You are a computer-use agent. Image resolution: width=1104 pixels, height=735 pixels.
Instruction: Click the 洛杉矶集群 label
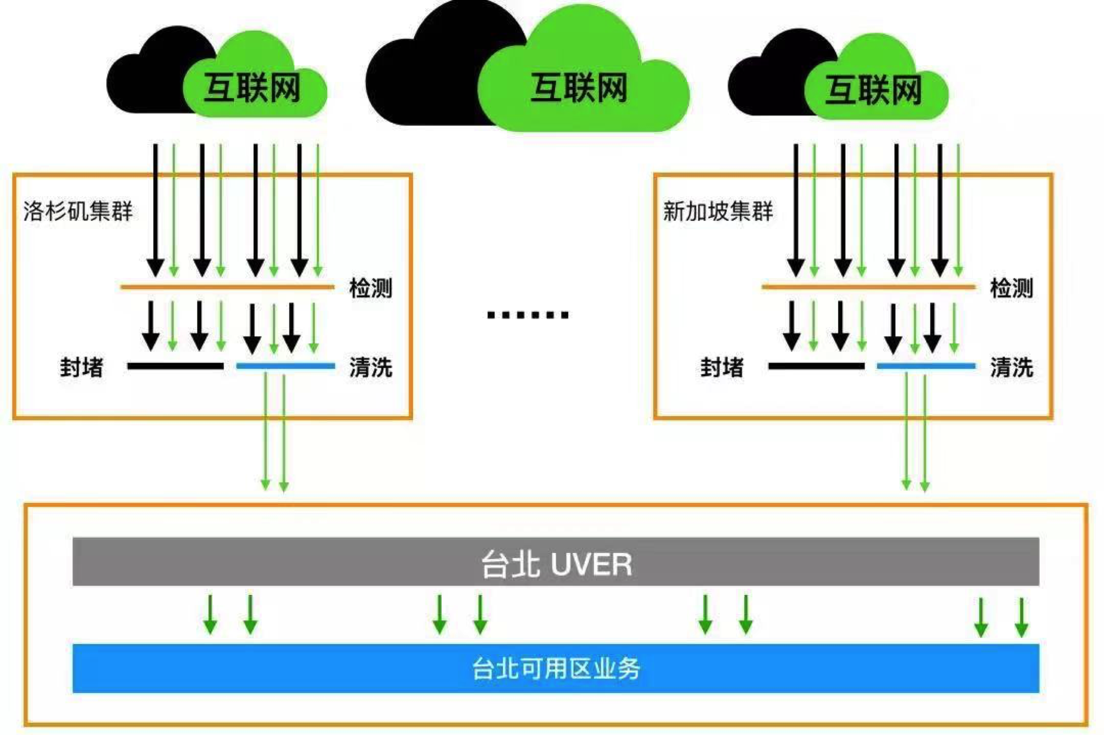point(78,211)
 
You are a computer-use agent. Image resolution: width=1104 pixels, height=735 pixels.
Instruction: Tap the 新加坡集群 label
point(718,211)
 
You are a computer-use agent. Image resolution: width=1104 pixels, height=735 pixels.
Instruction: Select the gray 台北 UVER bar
point(556,562)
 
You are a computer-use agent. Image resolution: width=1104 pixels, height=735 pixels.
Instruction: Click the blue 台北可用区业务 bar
point(556,668)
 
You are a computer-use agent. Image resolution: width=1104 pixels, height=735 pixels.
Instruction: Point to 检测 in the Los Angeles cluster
point(371,288)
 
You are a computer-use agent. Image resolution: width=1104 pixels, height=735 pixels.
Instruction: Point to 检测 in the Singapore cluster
point(1012,288)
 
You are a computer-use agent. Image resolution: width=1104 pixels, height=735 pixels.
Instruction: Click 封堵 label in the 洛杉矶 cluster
point(82,367)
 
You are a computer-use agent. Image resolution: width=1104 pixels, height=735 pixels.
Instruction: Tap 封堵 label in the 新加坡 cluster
point(722,367)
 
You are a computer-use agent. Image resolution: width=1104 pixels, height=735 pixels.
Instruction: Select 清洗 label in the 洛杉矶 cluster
point(371,367)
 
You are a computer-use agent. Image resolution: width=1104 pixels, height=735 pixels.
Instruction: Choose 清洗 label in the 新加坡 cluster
point(1012,367)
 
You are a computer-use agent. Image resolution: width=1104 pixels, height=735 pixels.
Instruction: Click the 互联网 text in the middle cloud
point(579,88)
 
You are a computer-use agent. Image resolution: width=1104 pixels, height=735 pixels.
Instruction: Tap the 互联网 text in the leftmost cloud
point(252,88)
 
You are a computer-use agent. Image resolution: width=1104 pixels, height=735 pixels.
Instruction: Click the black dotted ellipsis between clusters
point(528,315)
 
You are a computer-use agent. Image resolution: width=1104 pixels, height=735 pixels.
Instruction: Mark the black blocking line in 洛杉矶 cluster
point(176,366)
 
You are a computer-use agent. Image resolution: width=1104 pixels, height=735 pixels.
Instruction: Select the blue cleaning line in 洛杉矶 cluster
point(286,366)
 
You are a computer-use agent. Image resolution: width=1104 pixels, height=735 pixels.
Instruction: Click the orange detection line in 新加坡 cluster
point(868,287)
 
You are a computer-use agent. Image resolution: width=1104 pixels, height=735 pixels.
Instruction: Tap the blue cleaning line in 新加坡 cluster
point(926,366)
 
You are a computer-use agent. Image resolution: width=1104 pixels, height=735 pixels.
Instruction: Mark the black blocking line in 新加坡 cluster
point(816,366)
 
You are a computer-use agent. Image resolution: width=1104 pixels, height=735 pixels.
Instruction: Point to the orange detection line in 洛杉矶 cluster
point(228,287)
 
